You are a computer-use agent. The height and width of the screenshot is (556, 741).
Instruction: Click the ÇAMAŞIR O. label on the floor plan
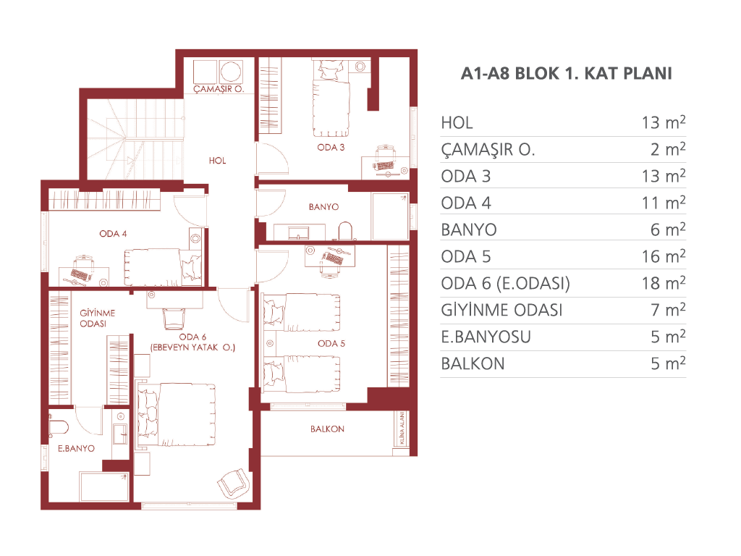tap(219, 89)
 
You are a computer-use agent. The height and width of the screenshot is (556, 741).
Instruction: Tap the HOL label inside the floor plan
tap(217, 161)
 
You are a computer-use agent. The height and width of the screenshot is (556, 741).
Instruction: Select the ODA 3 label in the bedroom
tap(331, 148)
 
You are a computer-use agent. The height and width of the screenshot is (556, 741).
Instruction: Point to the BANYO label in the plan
tap(323, 206)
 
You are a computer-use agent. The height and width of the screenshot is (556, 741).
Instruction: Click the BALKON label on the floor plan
tap(327, 429)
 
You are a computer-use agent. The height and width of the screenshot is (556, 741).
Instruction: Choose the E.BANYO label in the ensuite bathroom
tap(76, 448)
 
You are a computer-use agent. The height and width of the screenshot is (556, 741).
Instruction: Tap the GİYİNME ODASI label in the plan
tap(98, 319)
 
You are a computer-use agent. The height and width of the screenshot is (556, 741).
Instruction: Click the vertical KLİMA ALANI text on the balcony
tap(402, 428)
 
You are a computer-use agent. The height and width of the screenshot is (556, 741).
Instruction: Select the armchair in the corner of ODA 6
tap(233, 484)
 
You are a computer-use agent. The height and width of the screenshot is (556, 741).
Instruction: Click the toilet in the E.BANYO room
tap(59, 427)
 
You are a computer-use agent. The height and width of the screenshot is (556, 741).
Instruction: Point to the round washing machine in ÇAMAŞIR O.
tap(231, 72)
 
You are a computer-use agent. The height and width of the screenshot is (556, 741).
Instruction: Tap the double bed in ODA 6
tap(176, 415)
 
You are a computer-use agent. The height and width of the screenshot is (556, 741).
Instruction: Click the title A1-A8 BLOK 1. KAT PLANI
tap(566, 73)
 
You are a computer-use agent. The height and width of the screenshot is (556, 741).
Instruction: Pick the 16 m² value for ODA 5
tap(664, 256)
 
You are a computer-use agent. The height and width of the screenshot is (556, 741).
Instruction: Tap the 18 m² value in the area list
tap(664, 283)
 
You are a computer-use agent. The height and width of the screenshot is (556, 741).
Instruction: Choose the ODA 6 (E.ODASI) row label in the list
tap(505, 283)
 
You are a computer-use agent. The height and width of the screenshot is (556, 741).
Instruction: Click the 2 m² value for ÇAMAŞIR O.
tap(668, 149)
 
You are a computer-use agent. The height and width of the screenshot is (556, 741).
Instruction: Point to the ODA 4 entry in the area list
tap(466, 203)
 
